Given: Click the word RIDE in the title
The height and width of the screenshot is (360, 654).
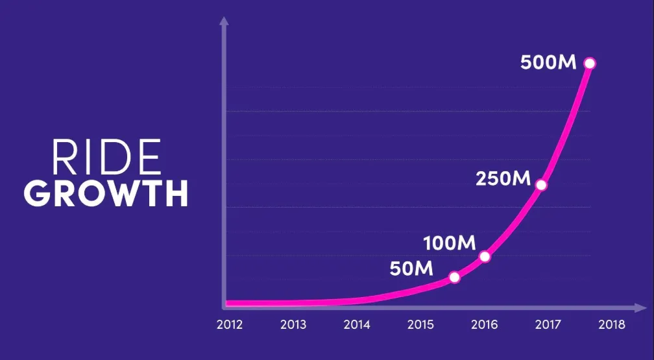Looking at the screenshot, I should pos(105,158).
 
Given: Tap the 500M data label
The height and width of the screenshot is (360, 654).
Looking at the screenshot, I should pos(549,63).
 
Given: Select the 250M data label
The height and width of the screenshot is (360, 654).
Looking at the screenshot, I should pos(503,178).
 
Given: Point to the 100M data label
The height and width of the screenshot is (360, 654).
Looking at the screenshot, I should pos(450,244).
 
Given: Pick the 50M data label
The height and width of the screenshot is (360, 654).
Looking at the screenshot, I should pos(411,267).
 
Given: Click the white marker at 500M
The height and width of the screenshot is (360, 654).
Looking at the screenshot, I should pos(589,63).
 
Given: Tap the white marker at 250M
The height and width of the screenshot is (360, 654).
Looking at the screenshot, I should pos(541,185).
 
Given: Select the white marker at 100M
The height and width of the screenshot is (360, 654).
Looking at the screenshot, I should pos(484,256).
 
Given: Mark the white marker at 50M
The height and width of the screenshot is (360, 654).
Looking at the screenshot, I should pos(454,277).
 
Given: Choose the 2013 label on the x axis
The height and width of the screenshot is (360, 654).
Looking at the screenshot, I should pos(293,324).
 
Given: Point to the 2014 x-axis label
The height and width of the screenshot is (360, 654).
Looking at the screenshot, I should pos(356,324).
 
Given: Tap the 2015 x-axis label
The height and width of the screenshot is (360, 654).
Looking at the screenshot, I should pos(420,324).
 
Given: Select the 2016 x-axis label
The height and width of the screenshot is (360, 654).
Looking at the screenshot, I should pos(484,324).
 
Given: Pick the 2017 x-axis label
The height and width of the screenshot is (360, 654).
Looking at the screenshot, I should pos(548,324).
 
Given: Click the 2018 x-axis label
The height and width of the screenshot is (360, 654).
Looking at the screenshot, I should pos(611,324).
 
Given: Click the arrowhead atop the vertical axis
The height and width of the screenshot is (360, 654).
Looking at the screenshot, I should pos(224,21).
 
